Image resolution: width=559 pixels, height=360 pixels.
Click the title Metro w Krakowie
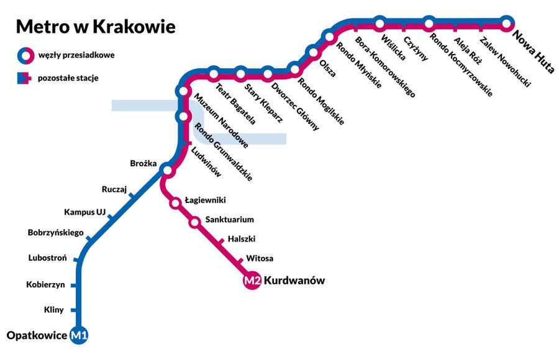coord(96,27)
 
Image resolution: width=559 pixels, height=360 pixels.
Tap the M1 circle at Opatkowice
coord(80,336)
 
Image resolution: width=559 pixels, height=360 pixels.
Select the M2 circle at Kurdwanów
coord(252,281)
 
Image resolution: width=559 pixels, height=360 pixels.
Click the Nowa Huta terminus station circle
coord(507,24)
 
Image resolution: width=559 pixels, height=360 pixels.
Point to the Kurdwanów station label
coord(294,281)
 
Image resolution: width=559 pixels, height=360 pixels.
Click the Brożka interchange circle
coord(166,169)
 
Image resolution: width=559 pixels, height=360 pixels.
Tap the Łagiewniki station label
coord(205,200)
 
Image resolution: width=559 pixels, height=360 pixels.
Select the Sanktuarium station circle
coord(194,221)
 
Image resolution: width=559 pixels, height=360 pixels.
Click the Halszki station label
coord(242,238)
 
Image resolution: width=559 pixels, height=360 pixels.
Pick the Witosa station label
coord(260,258)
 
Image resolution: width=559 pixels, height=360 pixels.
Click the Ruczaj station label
coord(114,189)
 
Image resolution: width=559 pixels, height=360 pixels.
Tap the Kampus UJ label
coord(81,212)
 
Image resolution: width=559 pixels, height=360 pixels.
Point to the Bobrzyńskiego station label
coord(56,233)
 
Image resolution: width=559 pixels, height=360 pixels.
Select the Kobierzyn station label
coord(45,285)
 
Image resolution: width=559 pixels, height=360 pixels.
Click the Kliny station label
coord(54,309)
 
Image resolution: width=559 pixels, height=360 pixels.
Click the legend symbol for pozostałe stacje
coord(24,78)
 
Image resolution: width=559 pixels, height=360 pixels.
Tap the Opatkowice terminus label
coord(37,336)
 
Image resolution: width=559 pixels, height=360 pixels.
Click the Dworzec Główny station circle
coord(268,74)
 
